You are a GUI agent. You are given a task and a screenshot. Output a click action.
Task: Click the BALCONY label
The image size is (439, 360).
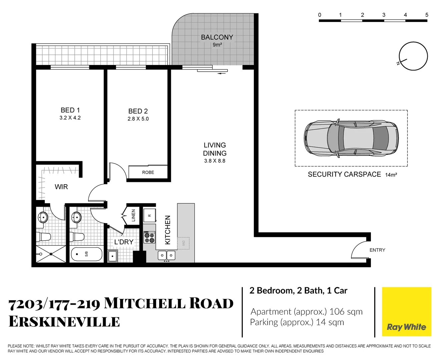[217, 37]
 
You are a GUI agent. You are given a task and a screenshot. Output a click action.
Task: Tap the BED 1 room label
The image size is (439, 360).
[70, 110]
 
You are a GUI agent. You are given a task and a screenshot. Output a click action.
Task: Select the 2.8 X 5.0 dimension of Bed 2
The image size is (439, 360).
[138, 119]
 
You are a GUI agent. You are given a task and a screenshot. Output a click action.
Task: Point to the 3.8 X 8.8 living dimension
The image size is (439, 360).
[214, 161]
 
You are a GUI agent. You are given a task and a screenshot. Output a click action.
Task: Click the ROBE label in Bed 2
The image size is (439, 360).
[148, 172]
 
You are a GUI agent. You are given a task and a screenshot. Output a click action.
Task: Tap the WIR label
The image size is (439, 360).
[61, 187]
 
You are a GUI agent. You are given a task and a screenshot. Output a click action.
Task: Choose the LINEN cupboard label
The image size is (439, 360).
[133, 215]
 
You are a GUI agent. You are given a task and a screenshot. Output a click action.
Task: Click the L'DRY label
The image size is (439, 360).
[124, 242]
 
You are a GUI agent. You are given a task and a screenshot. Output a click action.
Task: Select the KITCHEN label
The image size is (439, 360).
[168, 230]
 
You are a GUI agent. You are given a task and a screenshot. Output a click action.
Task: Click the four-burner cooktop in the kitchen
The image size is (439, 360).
[149, 238]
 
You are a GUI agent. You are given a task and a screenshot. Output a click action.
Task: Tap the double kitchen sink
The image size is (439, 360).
[166, 255]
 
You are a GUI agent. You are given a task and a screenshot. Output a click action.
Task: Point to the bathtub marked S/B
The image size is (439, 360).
[86, 254]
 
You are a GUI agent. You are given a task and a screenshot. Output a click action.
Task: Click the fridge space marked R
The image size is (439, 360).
[149, 215]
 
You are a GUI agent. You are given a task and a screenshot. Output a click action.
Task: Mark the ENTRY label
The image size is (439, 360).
[377, 250]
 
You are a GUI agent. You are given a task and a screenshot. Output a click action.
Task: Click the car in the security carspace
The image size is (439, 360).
[351, 138]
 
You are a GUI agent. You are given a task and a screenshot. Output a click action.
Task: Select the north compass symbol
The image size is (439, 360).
[413, 56]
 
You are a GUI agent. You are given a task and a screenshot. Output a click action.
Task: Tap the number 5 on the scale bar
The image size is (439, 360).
[427, 15]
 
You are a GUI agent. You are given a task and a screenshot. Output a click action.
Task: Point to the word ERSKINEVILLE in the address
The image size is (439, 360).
[64, 322]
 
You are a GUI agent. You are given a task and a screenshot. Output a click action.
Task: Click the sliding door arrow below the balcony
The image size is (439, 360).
[221, 73]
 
